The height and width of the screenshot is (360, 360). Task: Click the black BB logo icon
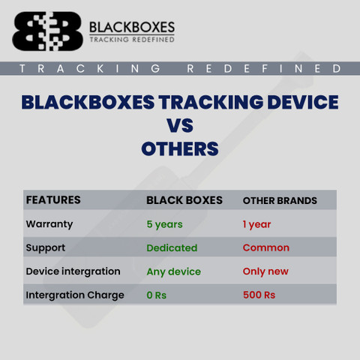(47, 31)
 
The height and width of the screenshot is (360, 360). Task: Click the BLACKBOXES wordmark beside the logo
(132, 27)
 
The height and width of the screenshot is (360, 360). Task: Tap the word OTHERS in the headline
(180, 148)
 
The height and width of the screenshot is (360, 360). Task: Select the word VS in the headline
(180, 125)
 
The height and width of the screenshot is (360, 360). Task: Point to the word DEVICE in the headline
(303, 102)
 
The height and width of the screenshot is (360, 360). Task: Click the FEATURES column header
(53, 200)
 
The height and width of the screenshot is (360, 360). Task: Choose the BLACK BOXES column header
(184, 200)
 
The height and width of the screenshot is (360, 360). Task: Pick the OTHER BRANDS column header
(280, 201)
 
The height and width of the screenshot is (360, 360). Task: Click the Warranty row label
(49, 224)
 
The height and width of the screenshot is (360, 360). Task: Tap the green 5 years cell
(164, 224)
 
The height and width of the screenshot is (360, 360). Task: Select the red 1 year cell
(256, 224)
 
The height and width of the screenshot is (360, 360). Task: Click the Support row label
(46, 248)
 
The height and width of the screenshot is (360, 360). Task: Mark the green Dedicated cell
(172, 248)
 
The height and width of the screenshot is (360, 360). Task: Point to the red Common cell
(266, 247)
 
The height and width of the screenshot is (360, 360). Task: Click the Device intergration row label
(73, 271)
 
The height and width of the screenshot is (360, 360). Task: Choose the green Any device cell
(174, 271)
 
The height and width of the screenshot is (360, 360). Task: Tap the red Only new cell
(265, 271)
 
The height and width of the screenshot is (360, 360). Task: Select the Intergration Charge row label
(75, 295)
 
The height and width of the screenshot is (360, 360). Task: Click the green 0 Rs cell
(157, 295)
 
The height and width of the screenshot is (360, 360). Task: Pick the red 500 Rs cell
(259, 295)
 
